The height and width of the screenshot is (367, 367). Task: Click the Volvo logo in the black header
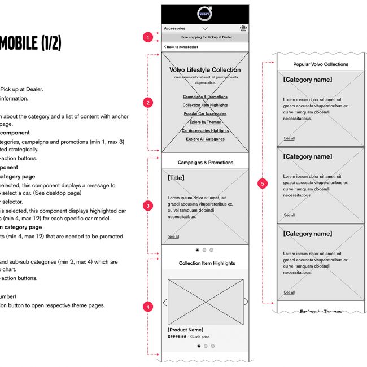tap(205, 14)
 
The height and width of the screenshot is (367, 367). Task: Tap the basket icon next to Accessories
tap(243, 28)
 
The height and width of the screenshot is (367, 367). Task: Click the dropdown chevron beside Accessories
tap(205, 28)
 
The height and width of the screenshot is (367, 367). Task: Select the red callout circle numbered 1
tap(148, 37)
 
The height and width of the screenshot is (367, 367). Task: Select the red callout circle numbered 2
tap(148, 103)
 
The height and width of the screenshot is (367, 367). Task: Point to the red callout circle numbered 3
tap(148, 206)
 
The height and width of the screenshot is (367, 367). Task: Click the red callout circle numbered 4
tap(148, 307)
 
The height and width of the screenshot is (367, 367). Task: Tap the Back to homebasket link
tap(180, 47)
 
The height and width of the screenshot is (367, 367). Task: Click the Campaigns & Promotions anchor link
tap(205, 97)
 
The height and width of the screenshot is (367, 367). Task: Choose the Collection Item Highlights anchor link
tap(205, 105)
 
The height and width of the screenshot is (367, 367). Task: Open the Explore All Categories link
tap(205, 139)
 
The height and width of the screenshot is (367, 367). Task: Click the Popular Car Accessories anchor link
tap(205, 113)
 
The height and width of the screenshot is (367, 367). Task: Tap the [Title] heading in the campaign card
tap(176, 178)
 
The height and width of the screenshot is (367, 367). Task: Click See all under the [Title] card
tap(173, 237)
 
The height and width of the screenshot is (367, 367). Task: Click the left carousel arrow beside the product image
tap(165, 302)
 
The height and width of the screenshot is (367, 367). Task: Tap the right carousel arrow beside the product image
tap(246, 302)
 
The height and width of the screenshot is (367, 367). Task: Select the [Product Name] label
tap(185, 330)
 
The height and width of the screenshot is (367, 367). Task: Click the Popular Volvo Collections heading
tap(321, 64)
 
